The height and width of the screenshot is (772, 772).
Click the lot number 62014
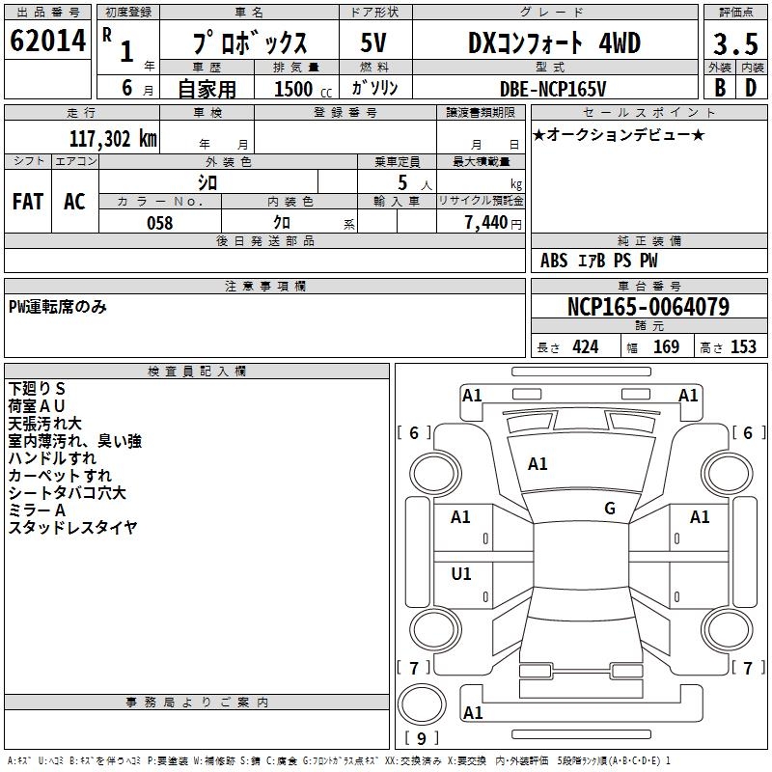pos(47,41)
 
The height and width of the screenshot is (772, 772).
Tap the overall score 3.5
pos(735,43)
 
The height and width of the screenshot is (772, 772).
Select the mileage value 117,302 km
pos(113,139)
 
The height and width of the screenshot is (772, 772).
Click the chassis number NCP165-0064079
pos(648,307)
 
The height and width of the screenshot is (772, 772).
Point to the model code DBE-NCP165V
pos(553,89)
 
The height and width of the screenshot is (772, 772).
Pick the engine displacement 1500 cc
pos(303,89)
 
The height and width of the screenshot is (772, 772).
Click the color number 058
pos(160,223)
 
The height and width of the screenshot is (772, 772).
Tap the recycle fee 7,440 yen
pos(493,223)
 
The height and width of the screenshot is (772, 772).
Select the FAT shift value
pos(28,202)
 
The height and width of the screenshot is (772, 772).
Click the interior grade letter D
pos(751,88)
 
